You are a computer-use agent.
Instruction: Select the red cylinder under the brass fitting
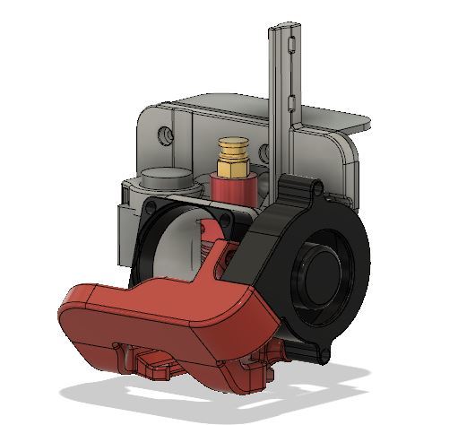pyautogui.click(x=234, y=189)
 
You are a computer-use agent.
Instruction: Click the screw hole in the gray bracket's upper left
pyautogui.click(x=164, y=135)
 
